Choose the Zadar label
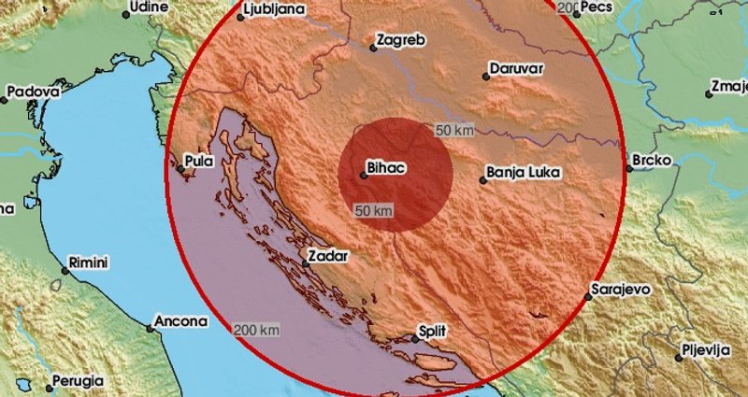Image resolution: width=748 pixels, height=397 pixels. click(327, 255)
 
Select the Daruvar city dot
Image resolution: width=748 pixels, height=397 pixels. click(486, 78)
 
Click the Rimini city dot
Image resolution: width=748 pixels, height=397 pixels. click(65, 270)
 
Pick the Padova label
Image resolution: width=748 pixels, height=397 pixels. click(33, 92)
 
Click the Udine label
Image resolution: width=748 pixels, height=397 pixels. click(149, 7)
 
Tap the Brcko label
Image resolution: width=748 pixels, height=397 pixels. click(652, 161)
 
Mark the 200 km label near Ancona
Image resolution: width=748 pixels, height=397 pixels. click(257, 330)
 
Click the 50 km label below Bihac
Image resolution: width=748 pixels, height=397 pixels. click(373, 212)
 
